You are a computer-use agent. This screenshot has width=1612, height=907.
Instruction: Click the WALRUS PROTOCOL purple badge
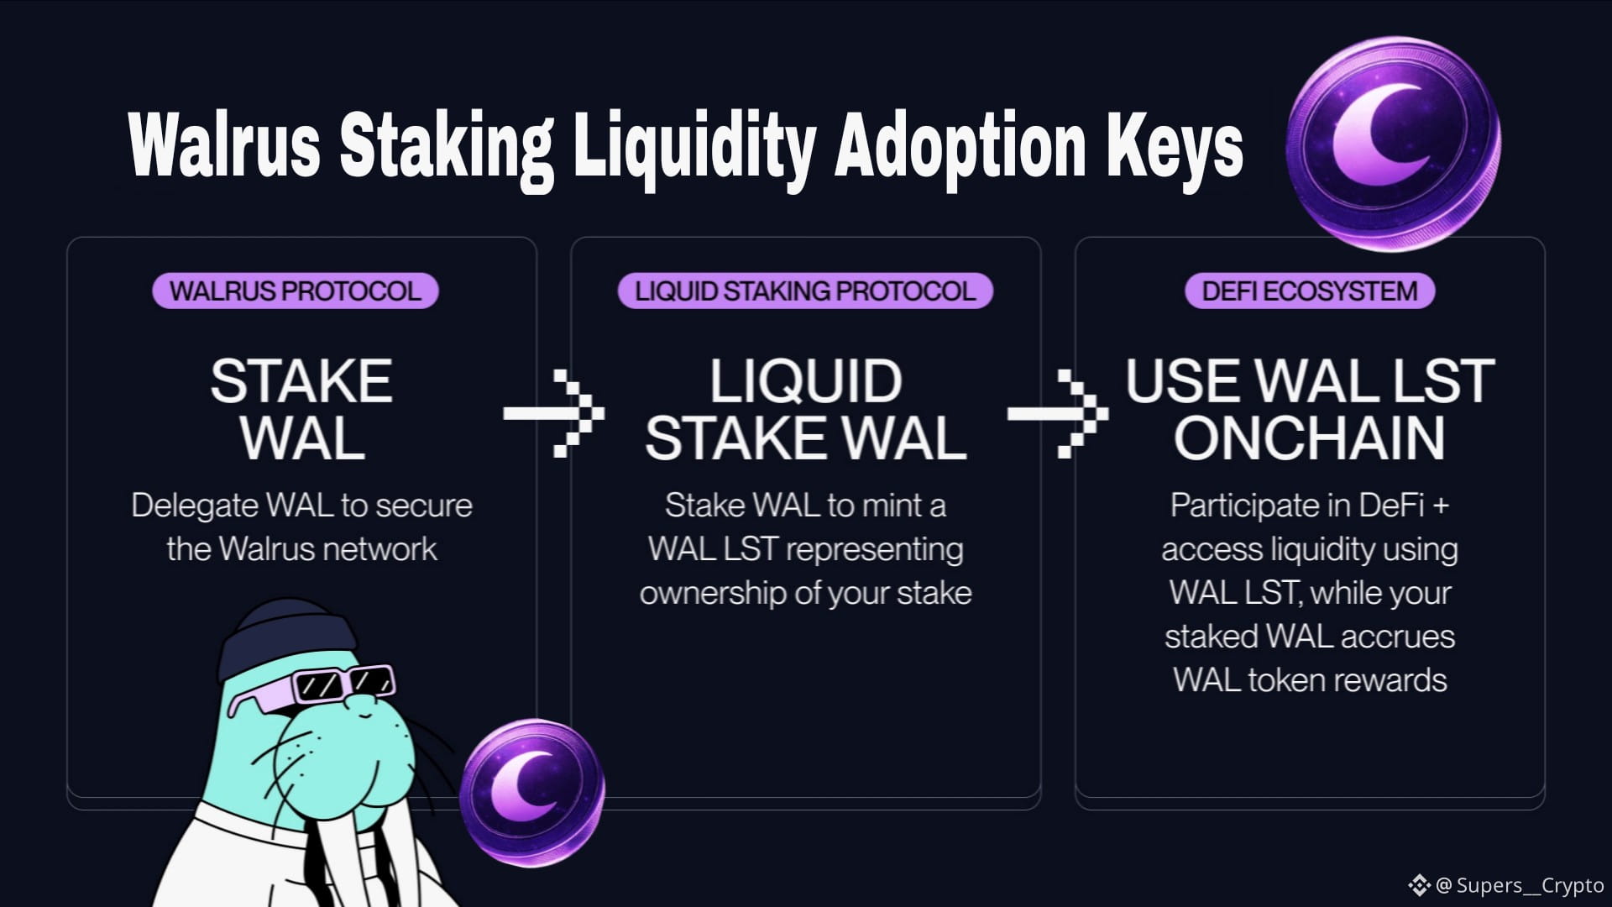(x=295, y=291)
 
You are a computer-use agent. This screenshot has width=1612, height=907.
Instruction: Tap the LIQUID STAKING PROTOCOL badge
(x=805, y=291)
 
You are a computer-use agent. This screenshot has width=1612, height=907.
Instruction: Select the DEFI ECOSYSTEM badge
(x=1309, y=291)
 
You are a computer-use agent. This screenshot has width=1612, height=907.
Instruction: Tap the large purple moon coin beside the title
(x=1393, y=143)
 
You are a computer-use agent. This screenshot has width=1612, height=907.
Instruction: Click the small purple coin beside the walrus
(x=532, y=782)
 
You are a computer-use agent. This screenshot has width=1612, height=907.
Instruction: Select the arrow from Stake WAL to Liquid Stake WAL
(x=553, y=413)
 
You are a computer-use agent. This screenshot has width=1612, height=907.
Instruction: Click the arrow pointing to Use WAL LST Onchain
(x=1057, y=413)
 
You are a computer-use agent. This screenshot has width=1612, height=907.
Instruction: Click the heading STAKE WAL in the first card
(x=301, y=409)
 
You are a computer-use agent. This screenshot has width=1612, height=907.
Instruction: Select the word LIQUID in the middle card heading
(x=805, y=381)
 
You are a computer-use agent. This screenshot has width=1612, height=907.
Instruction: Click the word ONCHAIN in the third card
(x=1309, y=438)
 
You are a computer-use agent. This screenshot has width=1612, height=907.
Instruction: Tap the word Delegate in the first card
(x=194, y=506)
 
